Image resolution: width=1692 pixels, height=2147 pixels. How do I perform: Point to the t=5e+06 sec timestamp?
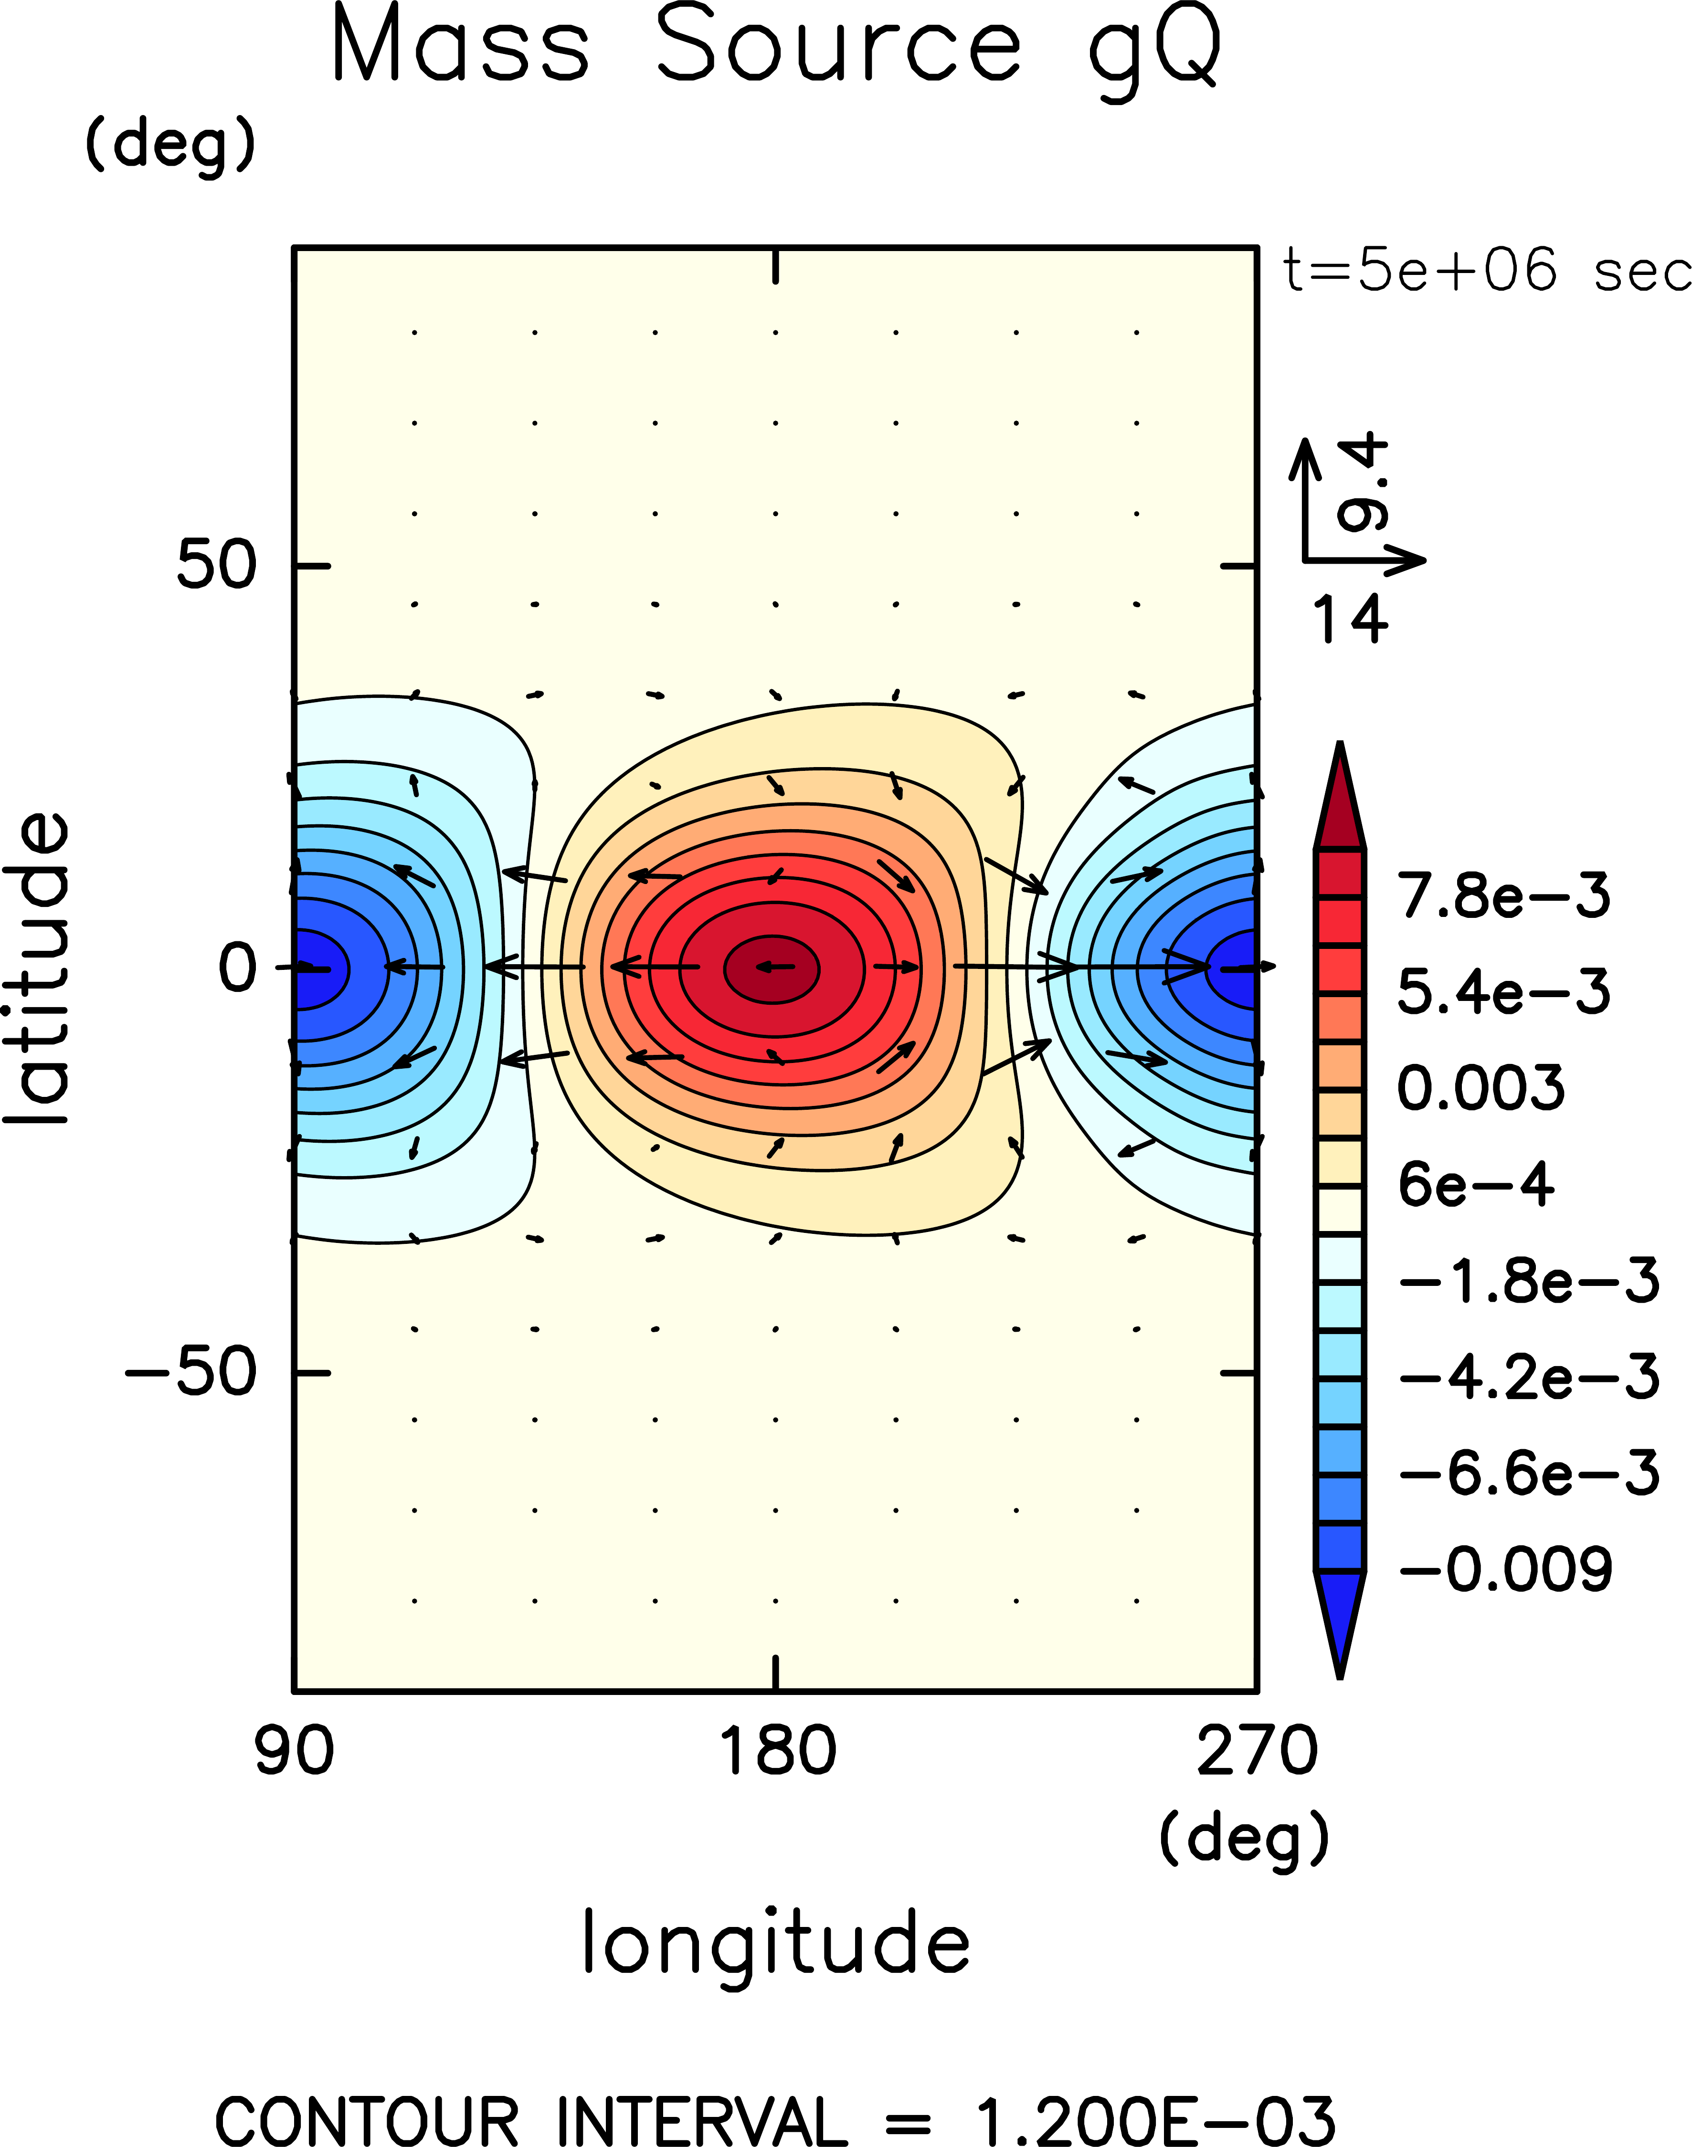pos(1486,270)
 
